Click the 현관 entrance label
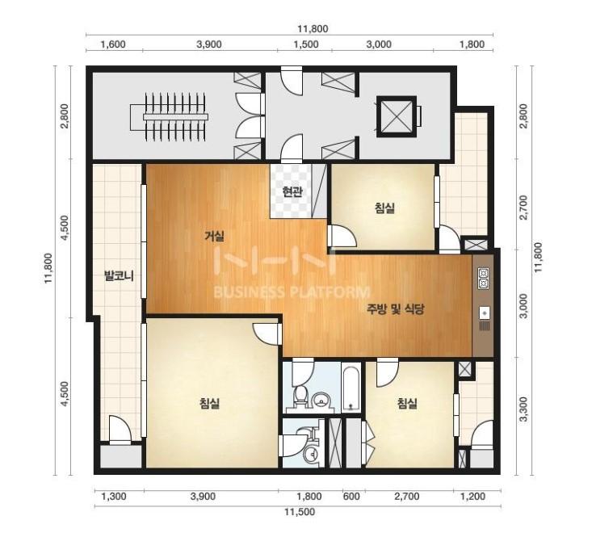coord(292,191)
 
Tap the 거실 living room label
coord(214,237)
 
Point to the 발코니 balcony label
coord(120,277)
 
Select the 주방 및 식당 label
coord(395,309)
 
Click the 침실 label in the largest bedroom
coord(209,404)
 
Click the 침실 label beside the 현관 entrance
coord(384,208)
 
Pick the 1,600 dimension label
coord(113,44)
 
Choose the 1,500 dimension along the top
coord(306,44)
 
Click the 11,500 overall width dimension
coord(300,512)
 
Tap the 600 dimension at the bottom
coord(351,496)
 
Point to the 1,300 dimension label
coord(114,496)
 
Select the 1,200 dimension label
coord(473,496)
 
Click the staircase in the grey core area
coord(170,117)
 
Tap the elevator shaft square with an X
coord(395,115)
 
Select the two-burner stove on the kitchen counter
coord(484,278)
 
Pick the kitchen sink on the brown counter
coord(485,313)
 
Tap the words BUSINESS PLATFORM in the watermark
coord(292,292)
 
